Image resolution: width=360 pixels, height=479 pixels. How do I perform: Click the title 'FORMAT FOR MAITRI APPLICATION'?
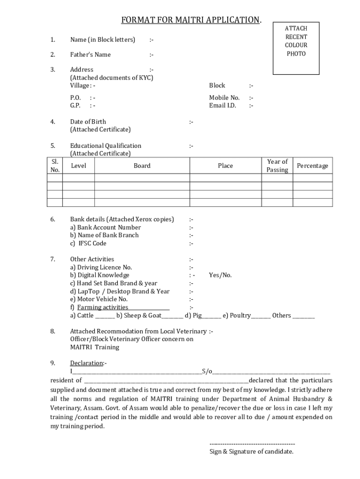191,20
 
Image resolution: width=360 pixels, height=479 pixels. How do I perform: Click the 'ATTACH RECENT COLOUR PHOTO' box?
295,48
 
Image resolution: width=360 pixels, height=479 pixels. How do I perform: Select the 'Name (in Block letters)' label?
102,40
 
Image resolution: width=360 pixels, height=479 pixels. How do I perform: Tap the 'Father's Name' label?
90,55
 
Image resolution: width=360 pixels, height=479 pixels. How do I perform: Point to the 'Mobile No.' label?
224,98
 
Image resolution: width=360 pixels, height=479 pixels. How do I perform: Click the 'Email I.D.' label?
223,105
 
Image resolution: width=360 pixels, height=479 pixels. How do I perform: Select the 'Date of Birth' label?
88,122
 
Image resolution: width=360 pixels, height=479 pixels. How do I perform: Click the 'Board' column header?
142,166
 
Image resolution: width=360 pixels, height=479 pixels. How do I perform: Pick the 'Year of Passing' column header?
277,166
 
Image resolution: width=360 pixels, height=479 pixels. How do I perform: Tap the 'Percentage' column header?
312,166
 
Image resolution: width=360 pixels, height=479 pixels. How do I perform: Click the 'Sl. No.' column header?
55,166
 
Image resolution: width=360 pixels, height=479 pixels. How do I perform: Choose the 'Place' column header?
225,166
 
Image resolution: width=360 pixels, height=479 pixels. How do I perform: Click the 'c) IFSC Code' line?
88,243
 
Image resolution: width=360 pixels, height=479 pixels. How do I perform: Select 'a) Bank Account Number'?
105,227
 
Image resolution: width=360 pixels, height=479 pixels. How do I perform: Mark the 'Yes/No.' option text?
220,275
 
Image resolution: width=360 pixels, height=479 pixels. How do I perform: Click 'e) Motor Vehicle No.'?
99,299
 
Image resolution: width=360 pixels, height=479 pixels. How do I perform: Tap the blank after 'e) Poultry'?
261,316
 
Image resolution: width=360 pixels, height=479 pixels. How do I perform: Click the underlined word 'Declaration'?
86,363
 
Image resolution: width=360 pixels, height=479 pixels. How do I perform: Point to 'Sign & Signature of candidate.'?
251,451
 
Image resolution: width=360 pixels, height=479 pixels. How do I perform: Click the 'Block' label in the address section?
217,86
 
